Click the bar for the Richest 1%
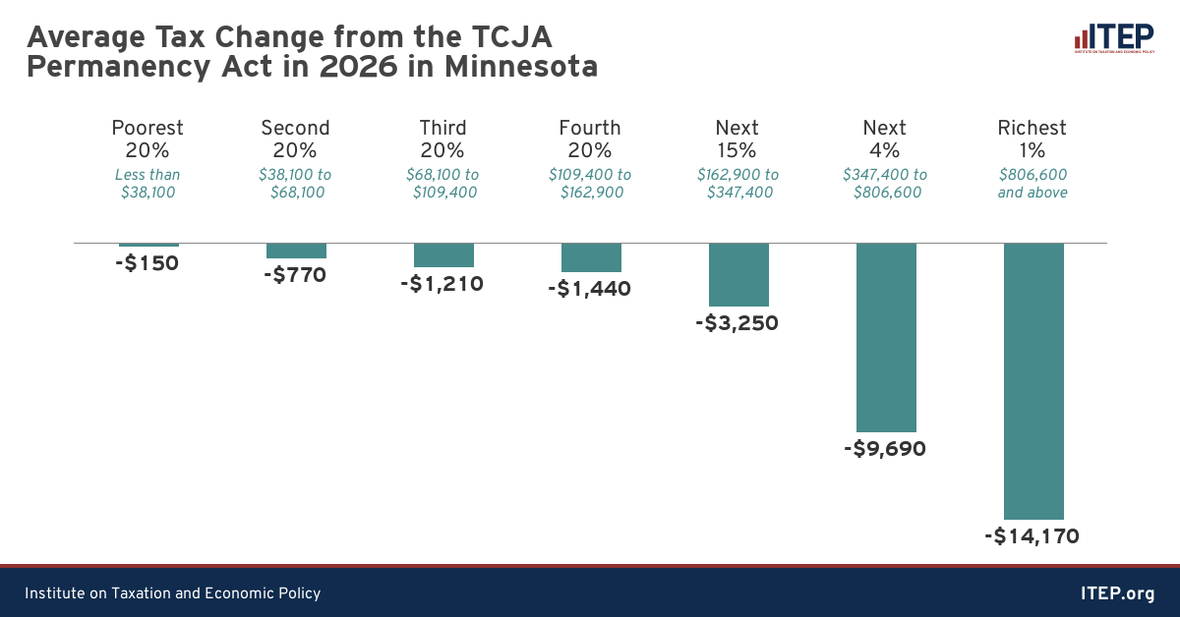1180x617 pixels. (1033, 380)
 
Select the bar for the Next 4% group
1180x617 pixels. (886, 337)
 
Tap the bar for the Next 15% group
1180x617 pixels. (738, 274)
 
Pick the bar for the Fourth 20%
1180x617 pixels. (591, 257)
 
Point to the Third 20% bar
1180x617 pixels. (443, 254)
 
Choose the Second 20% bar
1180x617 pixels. (296, 251)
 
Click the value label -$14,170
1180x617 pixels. (1032, 537)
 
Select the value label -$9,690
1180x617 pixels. (886, 450)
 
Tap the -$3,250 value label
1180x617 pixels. (738, 323)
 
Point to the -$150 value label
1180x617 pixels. (147, 263)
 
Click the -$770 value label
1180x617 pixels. (295, 275)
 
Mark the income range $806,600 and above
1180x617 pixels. (1032, 184)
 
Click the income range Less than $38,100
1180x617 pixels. (147, 184)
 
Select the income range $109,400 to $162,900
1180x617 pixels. (590, 184)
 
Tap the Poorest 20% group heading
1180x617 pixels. (147, 139)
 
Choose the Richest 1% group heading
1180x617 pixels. (1032, 139)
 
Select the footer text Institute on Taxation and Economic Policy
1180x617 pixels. (173, 593)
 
